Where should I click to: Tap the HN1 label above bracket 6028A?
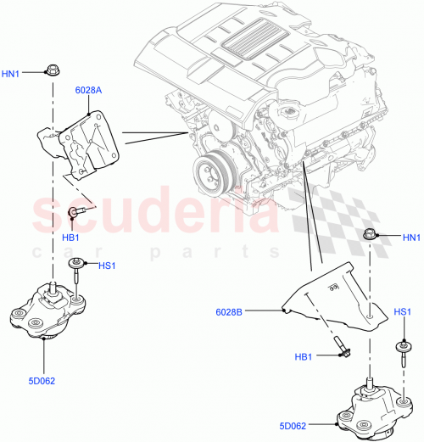tap(12, 73)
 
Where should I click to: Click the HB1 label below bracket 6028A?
tap(70, 237)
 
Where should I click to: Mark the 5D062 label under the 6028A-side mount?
tap(41, 381)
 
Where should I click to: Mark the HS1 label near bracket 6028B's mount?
tap(403, 312)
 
